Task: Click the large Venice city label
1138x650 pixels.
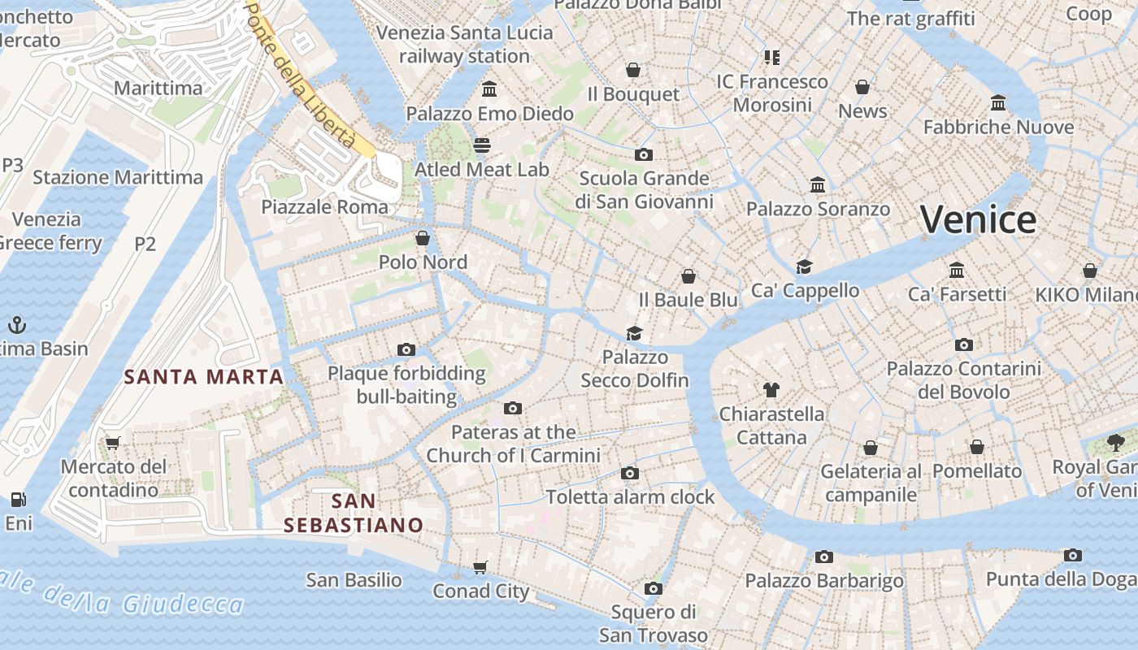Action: (x=978, y=219)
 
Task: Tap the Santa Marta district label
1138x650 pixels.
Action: (x=203, y=377)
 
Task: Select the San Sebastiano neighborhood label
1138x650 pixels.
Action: (x=354, y=513)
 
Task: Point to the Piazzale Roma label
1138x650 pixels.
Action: (x=324, y=207)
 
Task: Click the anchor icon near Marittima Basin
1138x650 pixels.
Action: (x=16, y=325)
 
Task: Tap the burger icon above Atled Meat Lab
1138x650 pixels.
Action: (x=482, y=145)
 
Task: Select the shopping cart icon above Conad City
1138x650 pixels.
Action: (x=480, y=567)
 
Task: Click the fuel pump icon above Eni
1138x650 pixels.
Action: (x=18, y=499)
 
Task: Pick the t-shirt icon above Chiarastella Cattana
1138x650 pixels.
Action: (x=771, y=390)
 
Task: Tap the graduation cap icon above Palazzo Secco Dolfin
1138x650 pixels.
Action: (x=634, y=333)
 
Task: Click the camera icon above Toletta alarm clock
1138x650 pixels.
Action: (x=629, y=473)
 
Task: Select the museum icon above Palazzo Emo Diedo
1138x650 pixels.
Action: (x=489, y=89)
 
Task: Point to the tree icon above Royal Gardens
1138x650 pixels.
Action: (x=1116, y=443)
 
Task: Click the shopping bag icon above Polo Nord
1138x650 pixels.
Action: (x=423, y=238)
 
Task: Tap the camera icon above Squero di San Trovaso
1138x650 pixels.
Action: (x=653, y=588)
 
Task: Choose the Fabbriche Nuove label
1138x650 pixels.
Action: (x=998, y=128)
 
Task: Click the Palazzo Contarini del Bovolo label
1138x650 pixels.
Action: (x=963, y=380)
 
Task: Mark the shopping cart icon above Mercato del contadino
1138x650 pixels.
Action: (x=113, y=443)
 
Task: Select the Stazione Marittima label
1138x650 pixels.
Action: (x=118, y=177)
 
